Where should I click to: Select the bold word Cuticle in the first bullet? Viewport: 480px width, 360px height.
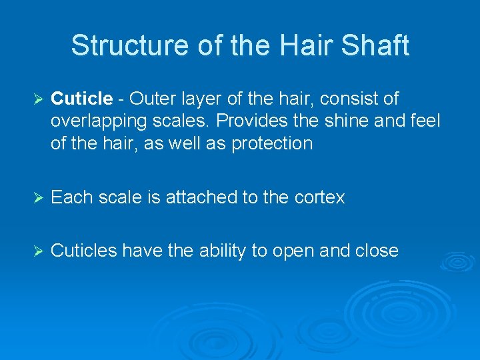coord(81,99)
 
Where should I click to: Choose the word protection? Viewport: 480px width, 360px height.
coord(272,143)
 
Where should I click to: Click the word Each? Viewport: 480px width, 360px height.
coord(70,197)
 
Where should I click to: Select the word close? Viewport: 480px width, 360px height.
coord(377,251)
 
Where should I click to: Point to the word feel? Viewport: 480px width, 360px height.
coord(425,121)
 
